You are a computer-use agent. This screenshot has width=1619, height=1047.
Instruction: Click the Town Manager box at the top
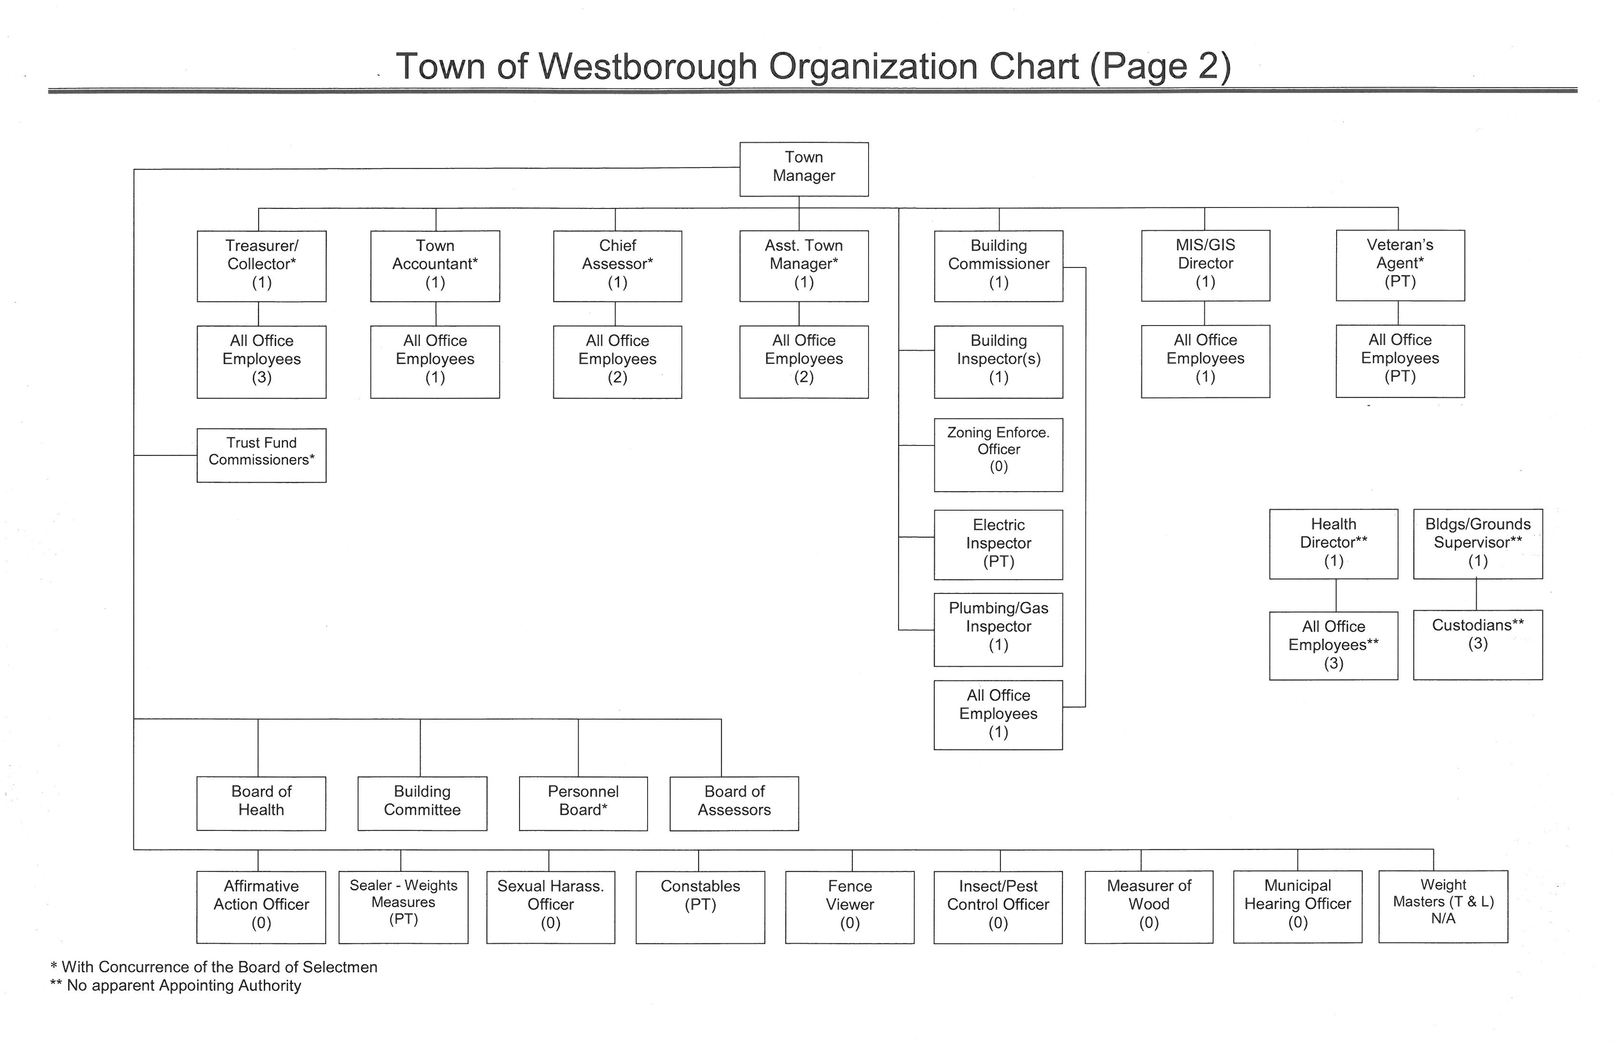pyautogui.click(x=804, y=169)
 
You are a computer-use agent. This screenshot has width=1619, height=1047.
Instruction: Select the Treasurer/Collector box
pyautogui.click(x=262, y=266)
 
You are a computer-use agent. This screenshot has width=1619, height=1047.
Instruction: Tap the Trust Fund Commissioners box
pyautogui.click(x=262, y=455)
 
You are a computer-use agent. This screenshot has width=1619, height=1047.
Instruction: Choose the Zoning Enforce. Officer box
pyautogui.click(x=999, y=455)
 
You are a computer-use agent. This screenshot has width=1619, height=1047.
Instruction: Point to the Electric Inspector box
pyautogui.click(x=999, y=544)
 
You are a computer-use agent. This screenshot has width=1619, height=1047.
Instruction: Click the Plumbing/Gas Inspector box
pyautogui.click(x=999, y=630)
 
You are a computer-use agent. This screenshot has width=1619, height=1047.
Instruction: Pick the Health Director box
pyautogui.click(x=1334, y=544)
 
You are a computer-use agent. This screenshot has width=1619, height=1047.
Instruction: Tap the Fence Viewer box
pyautogui.click(x=850, y=907)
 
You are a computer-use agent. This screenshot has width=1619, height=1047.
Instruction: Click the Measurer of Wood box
pyautogui.click(x=1149, y=907)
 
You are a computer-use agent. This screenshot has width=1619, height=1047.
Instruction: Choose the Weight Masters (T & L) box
pyautogui.click(x=1443, y=906)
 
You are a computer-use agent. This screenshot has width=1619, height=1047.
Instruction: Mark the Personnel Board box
pyautogui.click(x=584, y=804)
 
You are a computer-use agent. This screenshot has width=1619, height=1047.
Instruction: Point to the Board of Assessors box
pyautogui.click(x=735, y=804)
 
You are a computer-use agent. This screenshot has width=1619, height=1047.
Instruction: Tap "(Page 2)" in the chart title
pyautogui.click(x=1160, y=67)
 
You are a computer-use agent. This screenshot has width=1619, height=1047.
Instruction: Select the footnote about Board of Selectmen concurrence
pyautogui.click(x=214, y=967)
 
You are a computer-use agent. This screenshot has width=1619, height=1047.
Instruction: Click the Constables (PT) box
pyautogui.click(x=700, y=907)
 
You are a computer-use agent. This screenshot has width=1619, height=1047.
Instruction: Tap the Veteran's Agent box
pyautogui.click(x=1400, y=265)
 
